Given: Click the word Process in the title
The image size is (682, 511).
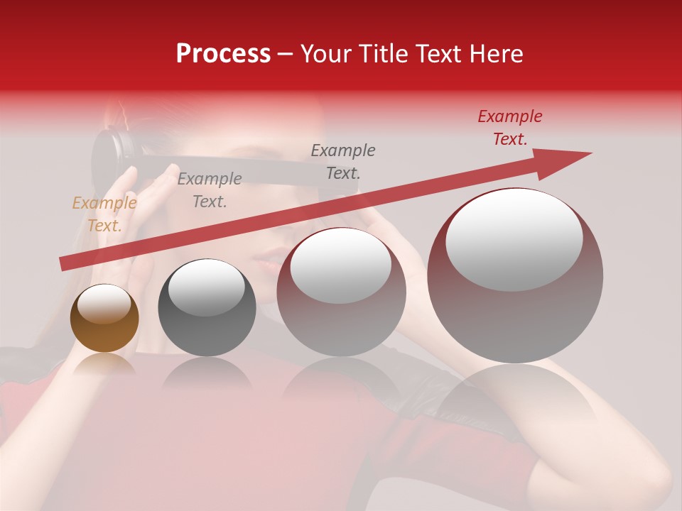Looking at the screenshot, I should [x=223, y=54].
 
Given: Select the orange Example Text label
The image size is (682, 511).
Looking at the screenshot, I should [x=104, y=214].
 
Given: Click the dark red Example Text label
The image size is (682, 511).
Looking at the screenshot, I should [x=509, y=128].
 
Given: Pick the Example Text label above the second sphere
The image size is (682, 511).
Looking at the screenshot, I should [x=209, y=189].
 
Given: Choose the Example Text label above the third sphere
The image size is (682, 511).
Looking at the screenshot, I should [x=343, y=161].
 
